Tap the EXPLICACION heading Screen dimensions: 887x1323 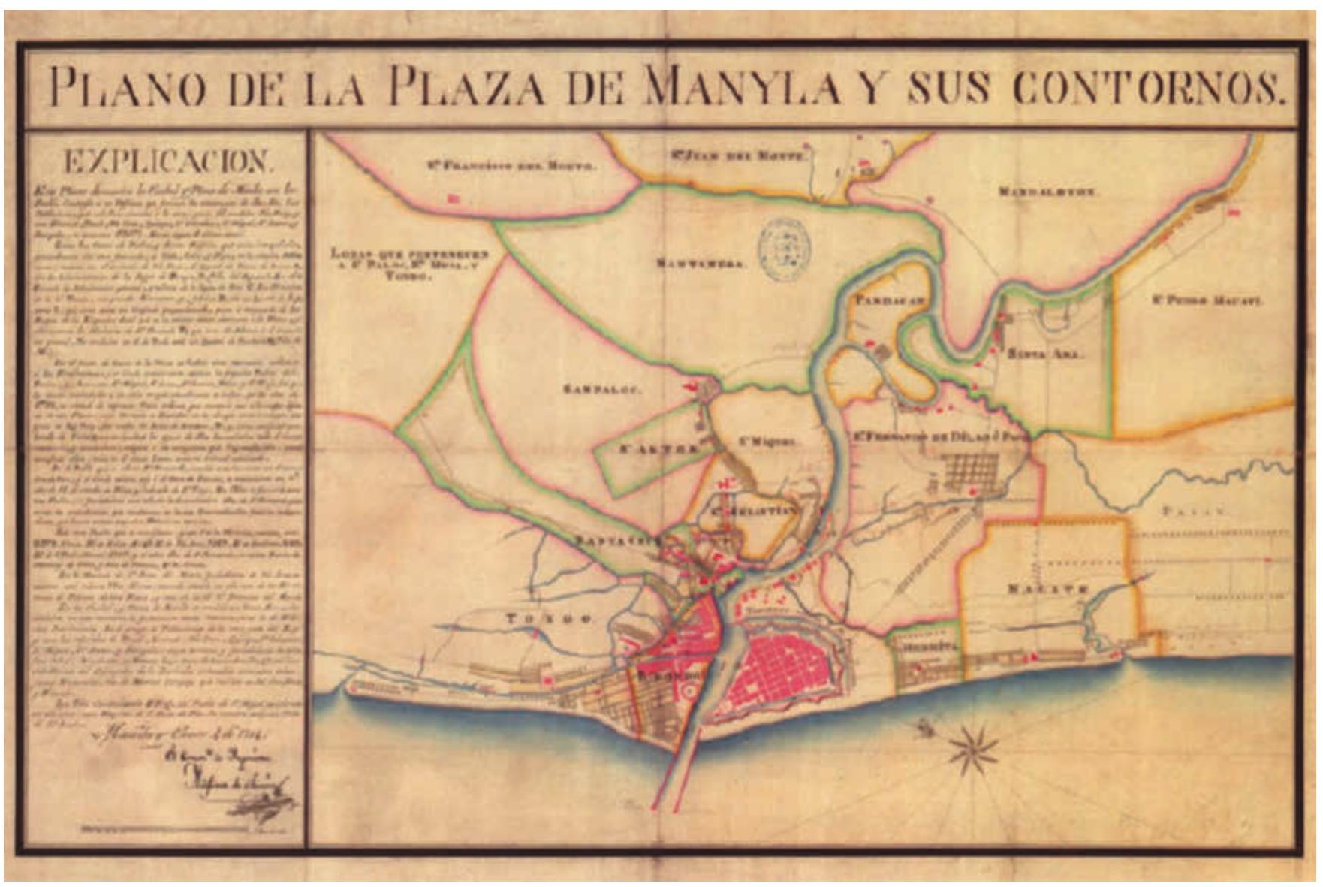tap(166, 161)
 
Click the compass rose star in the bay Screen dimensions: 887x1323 tap(973, 747)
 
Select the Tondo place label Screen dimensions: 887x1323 tap(550, 619)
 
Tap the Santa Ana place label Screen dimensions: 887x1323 tap(1044, 354)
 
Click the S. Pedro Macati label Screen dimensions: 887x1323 tap(1207, 301)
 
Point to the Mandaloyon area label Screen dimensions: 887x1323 tap(1048, 192)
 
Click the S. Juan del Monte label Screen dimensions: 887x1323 tap(737, 156)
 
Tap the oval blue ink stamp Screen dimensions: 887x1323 tap(783, 250)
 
